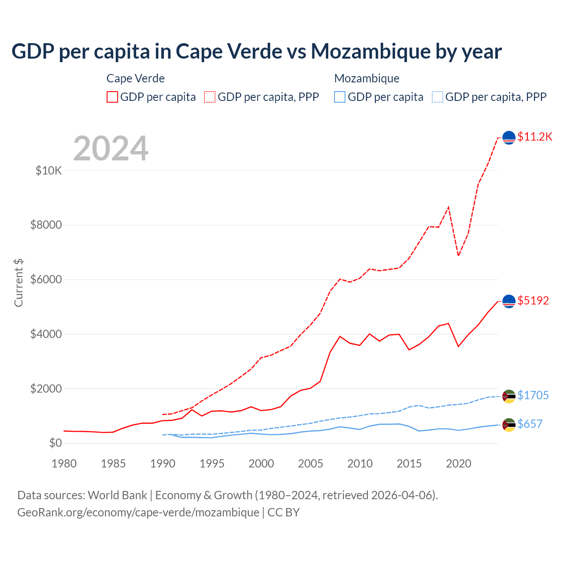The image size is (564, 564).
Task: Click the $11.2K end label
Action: coord(534,137)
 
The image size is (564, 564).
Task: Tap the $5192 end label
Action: coord(533,301)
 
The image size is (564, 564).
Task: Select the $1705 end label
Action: coord(533,395)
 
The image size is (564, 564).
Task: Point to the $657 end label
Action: coord(530,424)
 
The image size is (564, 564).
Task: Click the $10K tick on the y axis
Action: coord(48,171)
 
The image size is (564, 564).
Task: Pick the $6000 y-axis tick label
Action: coord(46,280)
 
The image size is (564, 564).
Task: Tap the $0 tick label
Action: coord(55,443)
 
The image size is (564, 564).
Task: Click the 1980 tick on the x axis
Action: coord(64,464)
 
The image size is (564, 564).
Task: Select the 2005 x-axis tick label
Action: coord(311,464)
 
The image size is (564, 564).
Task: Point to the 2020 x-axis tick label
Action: coord(459,464)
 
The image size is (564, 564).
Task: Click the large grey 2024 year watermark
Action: coord(111,148)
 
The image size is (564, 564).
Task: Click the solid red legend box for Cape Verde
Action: coord(112,97)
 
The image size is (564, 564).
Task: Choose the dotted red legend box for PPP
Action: coord(210,97)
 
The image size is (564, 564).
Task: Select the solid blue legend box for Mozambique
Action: coord(340,97)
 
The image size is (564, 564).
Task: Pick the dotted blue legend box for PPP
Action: coord(438,97)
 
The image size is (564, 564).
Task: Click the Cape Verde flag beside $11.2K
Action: coord(509,137)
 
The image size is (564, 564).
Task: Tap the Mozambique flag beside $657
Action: coord(509,425)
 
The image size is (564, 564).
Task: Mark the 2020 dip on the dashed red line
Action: coord(459,255)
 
